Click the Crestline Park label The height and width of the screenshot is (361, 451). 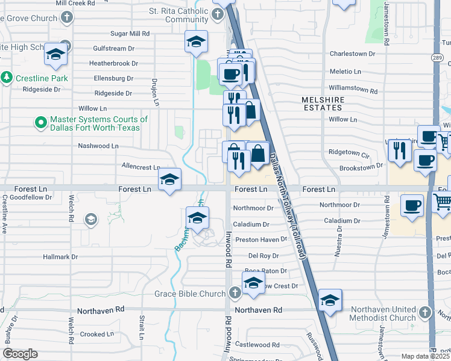pyautogui.click(x=42, y=78)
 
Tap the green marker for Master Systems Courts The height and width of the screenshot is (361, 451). pyautogui.click(x=41, y=123)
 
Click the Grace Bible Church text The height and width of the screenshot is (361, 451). pyautogui.click(x=189, y=294)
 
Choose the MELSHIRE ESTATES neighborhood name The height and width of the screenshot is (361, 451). pyautogui.click(x=322, y=103)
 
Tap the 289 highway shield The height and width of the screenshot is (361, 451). pyautogui.click(x=437, y=58)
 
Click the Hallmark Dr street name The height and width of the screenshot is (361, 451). pyautogui.click(x=61, y=257)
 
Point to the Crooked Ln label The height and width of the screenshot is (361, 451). pyautogui.click(x=97, y=334)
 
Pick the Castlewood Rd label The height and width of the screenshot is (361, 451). pyautogui.click(x=257, y=345)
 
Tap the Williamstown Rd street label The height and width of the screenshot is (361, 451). pyautogui.click(x=353, y=91)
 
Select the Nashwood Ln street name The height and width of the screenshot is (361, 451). pyautogui.click(x=98, y=146)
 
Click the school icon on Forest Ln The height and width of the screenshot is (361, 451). pyautogui.click(x=169, y=180)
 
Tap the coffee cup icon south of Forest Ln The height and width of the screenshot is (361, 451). pyautogui.click(x=412, y=205)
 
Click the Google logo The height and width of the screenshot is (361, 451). pyautogui.click(x=20, y=354)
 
